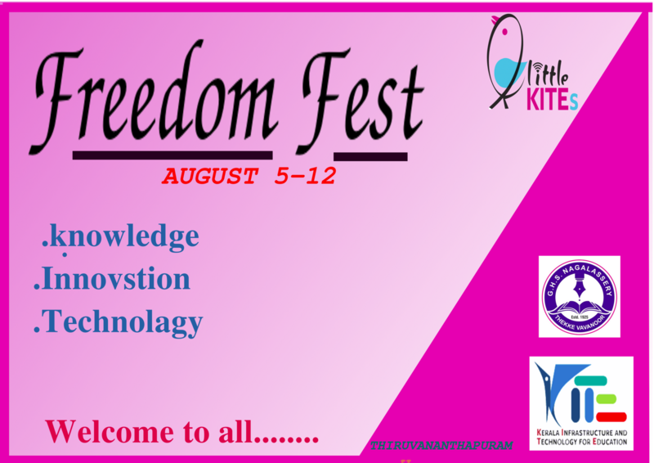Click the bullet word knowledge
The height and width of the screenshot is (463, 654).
click(123, 236)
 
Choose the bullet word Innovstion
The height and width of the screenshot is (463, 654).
click(115, 279)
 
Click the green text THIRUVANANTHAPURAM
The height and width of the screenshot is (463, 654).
click(441, 446)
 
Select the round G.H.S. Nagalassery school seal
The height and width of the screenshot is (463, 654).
click(579, 296)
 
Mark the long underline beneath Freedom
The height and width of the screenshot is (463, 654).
click(172, 154)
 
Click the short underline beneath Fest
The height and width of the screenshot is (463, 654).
click(370, 155)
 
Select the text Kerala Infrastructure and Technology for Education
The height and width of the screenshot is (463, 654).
click(581, 436)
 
